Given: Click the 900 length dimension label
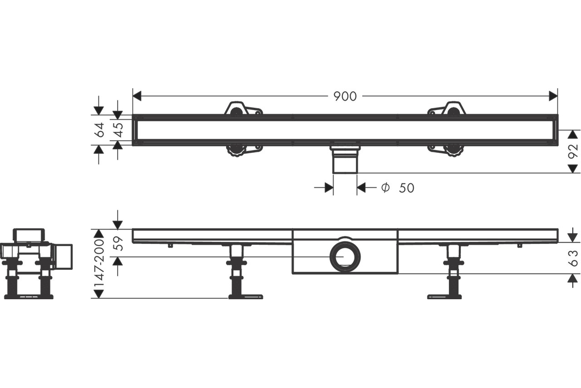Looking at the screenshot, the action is [345, 97].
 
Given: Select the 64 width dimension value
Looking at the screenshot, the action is [99, 129].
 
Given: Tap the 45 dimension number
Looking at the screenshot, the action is [119, 129].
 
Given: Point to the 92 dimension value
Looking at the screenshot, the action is [573, 151].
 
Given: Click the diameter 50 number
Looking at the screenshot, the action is [406, 188].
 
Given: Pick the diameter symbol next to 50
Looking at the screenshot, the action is [385, 187].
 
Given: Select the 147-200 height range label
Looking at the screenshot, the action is [99, 263].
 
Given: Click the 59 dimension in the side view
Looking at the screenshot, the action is [119, 243].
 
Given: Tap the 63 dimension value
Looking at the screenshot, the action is [573, 259].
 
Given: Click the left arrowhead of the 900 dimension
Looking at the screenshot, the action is [137, 96].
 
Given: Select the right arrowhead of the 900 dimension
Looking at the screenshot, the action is [553, 96].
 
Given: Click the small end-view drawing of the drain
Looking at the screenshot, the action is [36, 264].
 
